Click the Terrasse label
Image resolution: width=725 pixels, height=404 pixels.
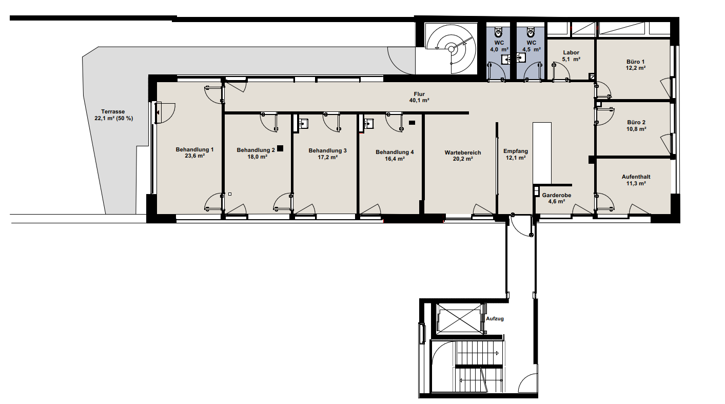(113, 112)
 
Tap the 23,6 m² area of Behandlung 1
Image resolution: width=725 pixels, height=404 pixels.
(194, 156)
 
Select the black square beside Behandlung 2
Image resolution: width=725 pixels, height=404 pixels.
(280, 148)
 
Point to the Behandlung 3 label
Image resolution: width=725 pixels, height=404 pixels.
(327, 150)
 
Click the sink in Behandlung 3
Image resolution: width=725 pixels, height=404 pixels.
(303, 123)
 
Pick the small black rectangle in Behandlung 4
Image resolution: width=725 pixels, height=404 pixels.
(412, 123)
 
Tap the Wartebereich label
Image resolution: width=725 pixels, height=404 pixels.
(463, 152)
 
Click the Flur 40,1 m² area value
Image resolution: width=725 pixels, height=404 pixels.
(419, 100)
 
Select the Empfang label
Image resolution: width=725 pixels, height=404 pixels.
(516, 151)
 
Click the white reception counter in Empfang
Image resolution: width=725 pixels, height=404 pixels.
(542, 153)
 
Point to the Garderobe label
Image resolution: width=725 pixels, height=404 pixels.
(557, 195)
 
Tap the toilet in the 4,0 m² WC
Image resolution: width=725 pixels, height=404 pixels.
(498, 32)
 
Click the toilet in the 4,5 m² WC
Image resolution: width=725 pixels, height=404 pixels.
(531, 32)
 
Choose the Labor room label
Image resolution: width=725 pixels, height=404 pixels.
(571, 52)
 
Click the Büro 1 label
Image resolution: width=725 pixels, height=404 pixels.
(636, 62)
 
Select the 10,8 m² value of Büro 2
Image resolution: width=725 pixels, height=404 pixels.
(636, 129)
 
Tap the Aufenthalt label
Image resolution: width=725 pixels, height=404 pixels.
(636, 177)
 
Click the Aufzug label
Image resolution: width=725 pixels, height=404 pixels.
(495, 319)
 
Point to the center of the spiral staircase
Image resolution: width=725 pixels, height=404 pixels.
(451, 49)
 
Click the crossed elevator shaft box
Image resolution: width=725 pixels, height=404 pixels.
(459, 318)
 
